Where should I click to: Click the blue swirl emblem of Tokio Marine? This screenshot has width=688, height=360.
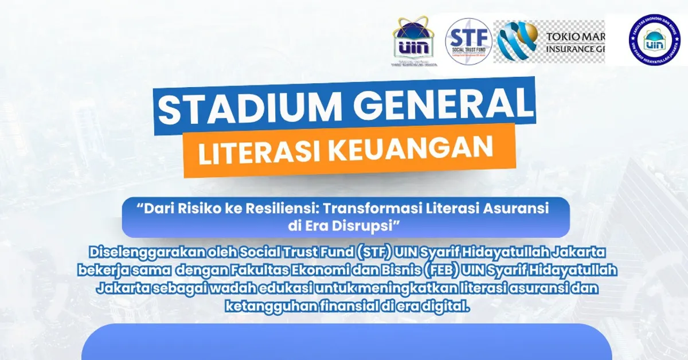[x=516, y=41]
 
